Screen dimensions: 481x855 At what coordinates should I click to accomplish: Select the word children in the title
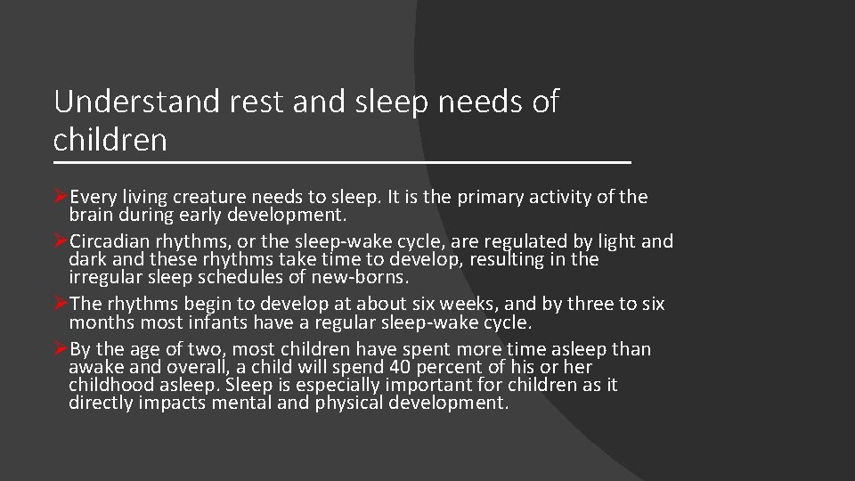point(110,139)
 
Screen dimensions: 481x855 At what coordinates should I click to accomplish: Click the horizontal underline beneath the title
point(342,163)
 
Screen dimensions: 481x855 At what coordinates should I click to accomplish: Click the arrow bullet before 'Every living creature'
point(61,196)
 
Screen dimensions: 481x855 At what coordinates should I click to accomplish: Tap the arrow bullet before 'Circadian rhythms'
point(61,241)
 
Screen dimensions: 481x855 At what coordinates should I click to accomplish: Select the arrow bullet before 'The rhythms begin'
point(61,304)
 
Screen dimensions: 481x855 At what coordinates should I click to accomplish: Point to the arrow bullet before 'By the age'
point(61,349)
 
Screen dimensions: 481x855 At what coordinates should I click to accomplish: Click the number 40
point(375,367)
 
